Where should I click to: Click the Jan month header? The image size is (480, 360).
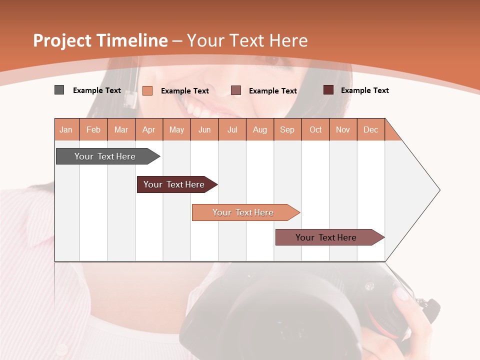(x=66, y=129)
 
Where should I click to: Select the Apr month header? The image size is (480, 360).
(x=148, y=129)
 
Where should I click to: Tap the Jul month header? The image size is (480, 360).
(x=232, y=129)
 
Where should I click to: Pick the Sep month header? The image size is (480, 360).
(x=287, y=129)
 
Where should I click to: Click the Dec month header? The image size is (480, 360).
(x=370, y=129)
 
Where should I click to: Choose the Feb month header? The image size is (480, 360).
(x=93, y=129)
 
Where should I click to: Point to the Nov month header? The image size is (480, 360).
(x=342, y=129)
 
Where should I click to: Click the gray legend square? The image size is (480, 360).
(x=59, y=90)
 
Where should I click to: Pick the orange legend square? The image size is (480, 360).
(x=147, y=90)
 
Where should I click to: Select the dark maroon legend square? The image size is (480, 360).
(x=328, y=90)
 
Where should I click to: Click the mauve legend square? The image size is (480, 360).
(x=236, y=90)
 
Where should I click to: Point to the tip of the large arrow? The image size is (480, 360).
(x=438, y=190)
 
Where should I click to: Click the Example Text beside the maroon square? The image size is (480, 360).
(x=364, y=90)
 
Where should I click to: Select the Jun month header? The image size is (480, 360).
(x=204, y=129)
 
